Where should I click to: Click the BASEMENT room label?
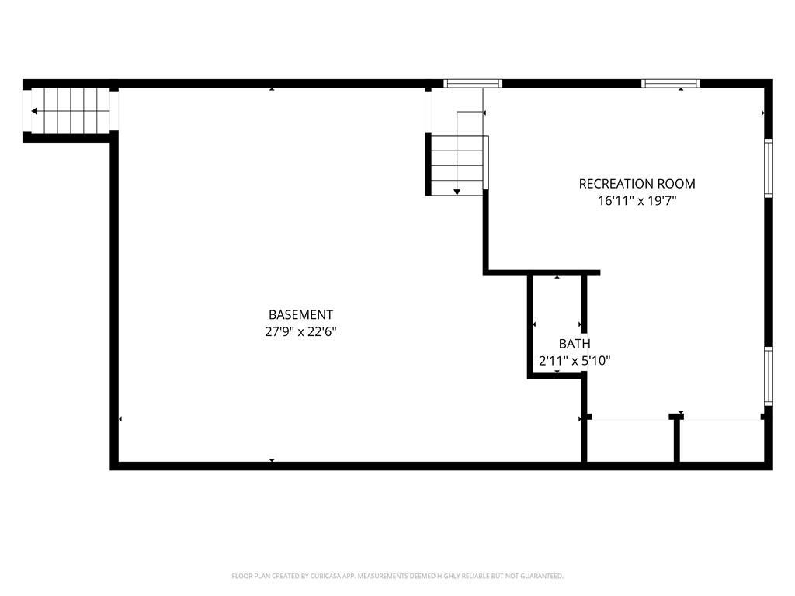(x=300, y=315)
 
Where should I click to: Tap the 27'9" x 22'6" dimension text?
(x=300, y=332)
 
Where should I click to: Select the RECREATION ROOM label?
(x=637, y=184)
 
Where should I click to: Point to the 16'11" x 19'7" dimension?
(x=637, y=201)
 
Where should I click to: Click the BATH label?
(x=575, y=344)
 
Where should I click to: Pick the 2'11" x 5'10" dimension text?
(x=575, y=361)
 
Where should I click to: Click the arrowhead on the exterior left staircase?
(x=34, y=111)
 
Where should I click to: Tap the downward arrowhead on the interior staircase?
(x=457, y=192)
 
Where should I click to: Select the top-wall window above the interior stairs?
(x=473, y=84)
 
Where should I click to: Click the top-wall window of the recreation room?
(x=670, y=84)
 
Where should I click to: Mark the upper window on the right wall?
(x=769, y=168)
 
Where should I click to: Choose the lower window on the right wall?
(x=769, y=376)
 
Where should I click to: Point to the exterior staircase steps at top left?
(x=71, y=110)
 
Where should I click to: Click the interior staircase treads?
(x=457, y=165)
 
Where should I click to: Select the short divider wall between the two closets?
(x=676, y=439)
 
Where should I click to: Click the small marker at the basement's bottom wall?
(x=272, y=461)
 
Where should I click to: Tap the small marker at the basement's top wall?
(x=272, y=89)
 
